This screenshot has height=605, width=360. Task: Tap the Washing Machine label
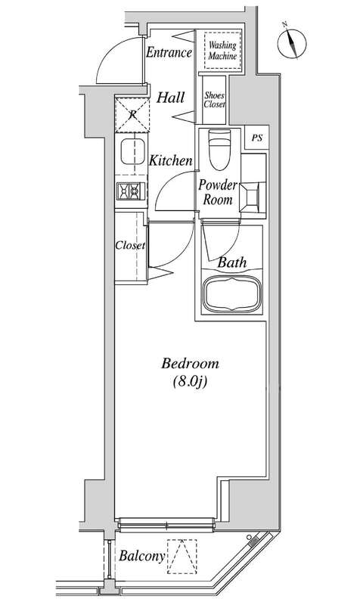[222, 51]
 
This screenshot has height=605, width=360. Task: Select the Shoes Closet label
[215, 100]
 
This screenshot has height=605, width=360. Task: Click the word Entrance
[169, 52]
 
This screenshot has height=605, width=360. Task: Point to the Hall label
[171, 98]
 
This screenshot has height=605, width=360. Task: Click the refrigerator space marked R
[132, 115]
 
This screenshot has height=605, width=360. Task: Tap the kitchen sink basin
[133, 152]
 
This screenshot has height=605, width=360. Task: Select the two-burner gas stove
[131, 191]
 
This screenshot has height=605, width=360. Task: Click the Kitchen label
[171, 160]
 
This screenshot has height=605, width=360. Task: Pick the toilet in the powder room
[219, 149]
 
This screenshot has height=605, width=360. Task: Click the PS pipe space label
[257, 138]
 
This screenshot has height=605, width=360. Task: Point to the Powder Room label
[218, 192]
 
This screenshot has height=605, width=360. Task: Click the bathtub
[232, 294]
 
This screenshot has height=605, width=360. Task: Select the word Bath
[232, 262]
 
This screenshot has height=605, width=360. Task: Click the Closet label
[130, 245]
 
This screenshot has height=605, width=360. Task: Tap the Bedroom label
[191, 364]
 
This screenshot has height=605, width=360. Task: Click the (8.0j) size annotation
[191, 382]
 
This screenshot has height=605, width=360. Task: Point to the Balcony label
[141, 556]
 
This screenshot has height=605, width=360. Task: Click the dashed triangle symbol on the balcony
[182, 557]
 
